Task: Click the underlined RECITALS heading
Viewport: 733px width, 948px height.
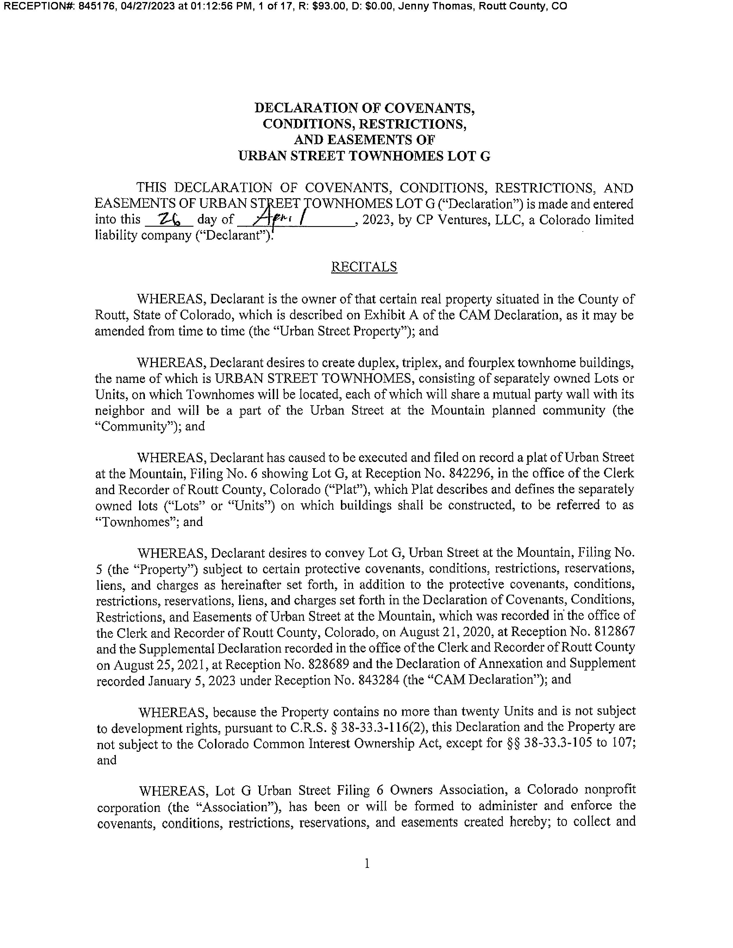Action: (364, 267)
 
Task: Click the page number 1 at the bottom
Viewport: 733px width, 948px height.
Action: (367, 864)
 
